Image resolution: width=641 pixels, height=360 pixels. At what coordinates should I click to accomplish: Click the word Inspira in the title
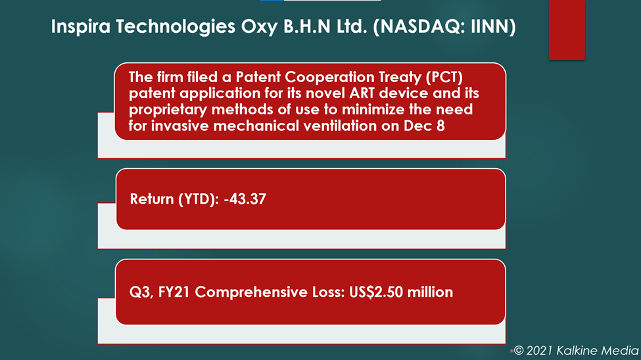(x=81, y=27)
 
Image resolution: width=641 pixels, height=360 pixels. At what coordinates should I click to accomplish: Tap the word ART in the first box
(x=362, y=93)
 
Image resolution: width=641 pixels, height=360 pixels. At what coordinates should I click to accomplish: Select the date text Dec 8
(x=424, y=125)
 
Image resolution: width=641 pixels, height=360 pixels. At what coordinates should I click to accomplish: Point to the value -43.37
(x=245, y=199)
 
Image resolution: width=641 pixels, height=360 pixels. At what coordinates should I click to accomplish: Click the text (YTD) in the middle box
(x=199, y=200)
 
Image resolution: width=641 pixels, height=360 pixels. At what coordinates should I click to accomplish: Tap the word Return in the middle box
(x=152, y=199)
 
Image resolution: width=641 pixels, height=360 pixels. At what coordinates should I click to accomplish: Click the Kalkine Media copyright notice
(x=576, y=350)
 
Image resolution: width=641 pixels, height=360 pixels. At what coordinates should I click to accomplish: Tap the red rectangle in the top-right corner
(x=567, y=30)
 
